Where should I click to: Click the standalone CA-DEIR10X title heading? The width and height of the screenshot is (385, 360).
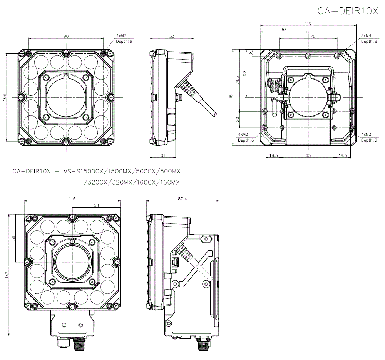(x=348, y=11)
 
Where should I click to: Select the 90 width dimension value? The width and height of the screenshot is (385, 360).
(x=66, y=36)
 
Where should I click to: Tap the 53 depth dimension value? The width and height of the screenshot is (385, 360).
(x=172, y=36)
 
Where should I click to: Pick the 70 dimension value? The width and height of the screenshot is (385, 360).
(x=313, y=36)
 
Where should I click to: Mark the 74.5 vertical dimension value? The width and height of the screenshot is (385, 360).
(x=238, y=80)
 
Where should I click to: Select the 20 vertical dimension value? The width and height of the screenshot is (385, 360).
(x=238, y=119)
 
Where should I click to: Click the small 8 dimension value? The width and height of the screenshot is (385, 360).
(x=251, y=53)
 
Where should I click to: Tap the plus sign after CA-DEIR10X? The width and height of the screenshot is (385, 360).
(x=57, y=171)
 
